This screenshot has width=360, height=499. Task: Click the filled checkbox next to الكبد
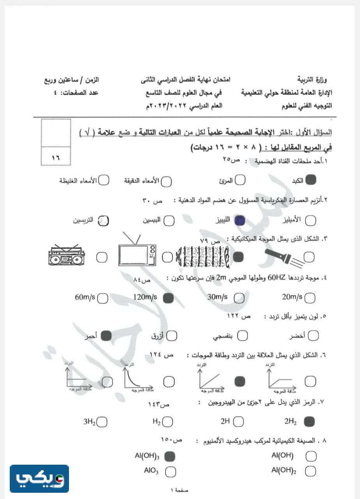[x=311, y=180]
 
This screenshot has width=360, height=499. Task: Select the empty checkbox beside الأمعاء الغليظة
[x=104, y=180]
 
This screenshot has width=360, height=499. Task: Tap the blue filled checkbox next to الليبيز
[x=240, y=221]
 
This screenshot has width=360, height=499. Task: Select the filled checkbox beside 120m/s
[x=168, y=298]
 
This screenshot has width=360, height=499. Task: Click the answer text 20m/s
[x=292, y=297]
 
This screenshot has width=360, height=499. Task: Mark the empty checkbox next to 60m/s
[x=102, y=298]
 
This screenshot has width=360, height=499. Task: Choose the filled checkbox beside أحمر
[x=106, y=336]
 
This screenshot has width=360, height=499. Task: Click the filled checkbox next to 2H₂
[x=309, y=422]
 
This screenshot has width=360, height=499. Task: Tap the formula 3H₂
[x=89, y=422]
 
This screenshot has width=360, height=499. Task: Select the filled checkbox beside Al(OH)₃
[x=170, y=456]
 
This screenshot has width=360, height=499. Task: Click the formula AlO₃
[x=151, y=471]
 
